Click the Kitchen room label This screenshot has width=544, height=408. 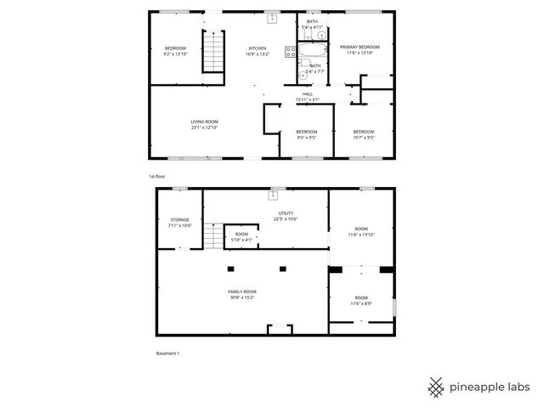[x=257, y=48]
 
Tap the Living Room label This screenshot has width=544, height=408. [x=204, y=122]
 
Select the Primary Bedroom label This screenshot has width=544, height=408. [x=360, y=47]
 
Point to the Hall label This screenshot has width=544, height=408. [x=307, y=93]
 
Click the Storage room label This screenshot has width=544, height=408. [x=179, y=219]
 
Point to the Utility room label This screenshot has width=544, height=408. [x=285, y=214]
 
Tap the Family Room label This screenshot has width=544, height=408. [x=241, y=292]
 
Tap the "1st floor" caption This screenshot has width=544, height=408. [x=156, y=176]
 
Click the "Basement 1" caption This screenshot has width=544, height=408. [x=167, y=354]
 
